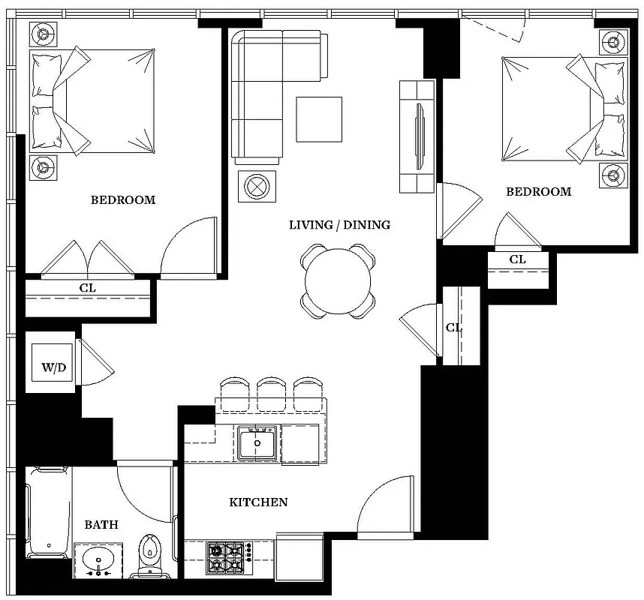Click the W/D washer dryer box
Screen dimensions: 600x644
50,368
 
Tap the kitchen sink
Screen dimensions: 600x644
258,443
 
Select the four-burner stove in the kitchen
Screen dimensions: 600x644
228,558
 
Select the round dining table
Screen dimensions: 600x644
338,281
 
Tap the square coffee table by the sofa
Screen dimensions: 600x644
318,119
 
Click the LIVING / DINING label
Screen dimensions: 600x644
339,225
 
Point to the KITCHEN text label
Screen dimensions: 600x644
258,502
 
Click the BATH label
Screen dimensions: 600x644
101,525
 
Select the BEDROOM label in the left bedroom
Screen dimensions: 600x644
123,199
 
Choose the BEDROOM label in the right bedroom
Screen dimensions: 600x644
538,192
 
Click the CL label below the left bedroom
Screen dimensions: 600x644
88,288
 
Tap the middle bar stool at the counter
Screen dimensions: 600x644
272,392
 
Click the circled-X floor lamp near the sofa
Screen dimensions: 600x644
257,186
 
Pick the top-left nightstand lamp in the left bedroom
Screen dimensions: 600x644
44,34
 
